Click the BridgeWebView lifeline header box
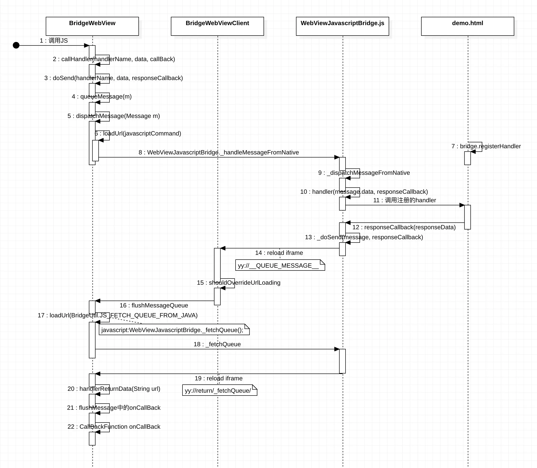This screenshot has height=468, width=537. click(x=92, y=26)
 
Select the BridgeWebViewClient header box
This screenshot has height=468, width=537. click(x=217, y=26)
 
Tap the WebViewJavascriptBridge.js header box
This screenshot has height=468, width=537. click(x=342, y=26)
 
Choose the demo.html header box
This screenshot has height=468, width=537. click(x=468, y=26)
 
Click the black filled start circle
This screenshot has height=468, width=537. click(x=16, y=45)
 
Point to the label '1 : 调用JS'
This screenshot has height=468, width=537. click(x=54, y=41)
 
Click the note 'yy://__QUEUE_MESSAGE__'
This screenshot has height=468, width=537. click(x=280, y=265)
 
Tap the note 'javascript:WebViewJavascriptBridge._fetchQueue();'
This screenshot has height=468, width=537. click(x=174, y=330)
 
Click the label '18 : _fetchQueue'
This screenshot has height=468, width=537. click(x=217, y=344)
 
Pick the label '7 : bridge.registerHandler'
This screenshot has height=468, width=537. click(x=486, y=146)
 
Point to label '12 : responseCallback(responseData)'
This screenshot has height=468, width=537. click(x=404, y=227)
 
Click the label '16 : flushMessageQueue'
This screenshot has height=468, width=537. click(x=154, y=305)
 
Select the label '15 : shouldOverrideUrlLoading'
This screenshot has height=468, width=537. click(x=238, y=283)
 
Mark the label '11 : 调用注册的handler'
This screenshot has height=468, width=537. click(x=405, y=200)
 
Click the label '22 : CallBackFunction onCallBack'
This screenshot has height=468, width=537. click(x=114, y=427)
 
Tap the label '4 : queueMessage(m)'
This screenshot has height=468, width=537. click(x=102, y=97)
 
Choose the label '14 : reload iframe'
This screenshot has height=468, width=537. click(x=279, y=253)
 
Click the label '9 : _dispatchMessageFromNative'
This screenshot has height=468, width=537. click(x=364, y=173)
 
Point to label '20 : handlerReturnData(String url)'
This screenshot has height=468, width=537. click(x=114, y=389)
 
